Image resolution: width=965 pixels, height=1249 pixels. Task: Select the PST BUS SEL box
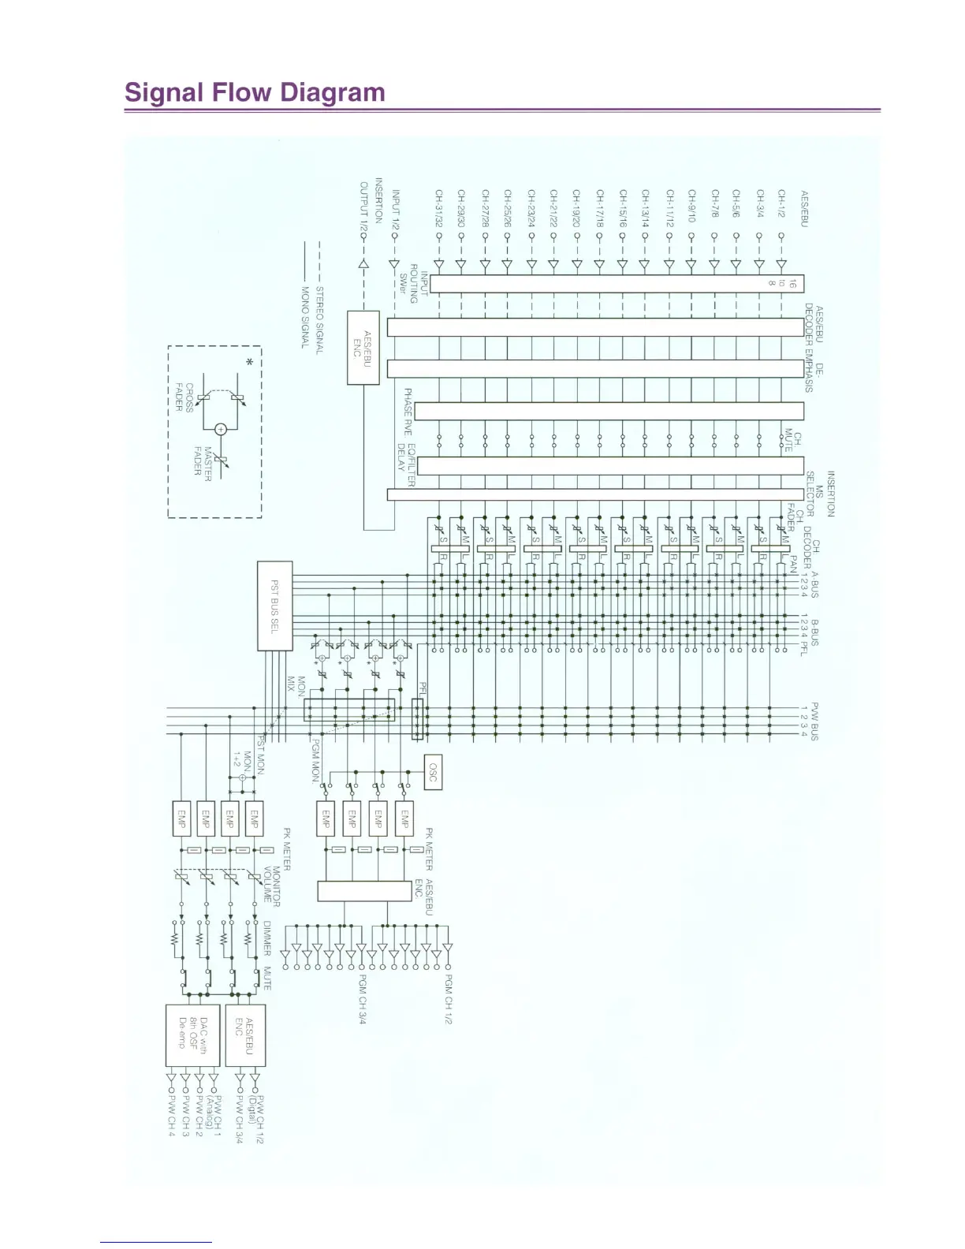pyautogui.click(x=275, y=606)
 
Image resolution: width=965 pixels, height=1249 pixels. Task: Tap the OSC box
pyautogui.click(x=433, y=774)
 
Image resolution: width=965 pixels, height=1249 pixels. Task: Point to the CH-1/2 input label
pyautogui.click(x=782, y=207)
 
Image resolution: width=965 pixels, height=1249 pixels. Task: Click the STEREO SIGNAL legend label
pyautogui.click(x=319, y=320)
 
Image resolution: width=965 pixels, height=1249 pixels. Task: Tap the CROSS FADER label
pyautogui.click(x=184, y=397)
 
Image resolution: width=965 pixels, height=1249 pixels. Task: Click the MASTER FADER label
pyautogui.click(x=203, y=461)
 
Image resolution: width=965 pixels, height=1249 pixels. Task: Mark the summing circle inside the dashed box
pyautogui.click(x=222, y=429)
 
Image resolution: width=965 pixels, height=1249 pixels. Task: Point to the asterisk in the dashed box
pyautogui.click(x=250, y=362)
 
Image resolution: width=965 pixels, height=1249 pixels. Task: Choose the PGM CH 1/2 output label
pyautogui.click(x=449, y=999)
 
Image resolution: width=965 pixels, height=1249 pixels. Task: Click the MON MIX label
pyautogui.click(x=296, y=687)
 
